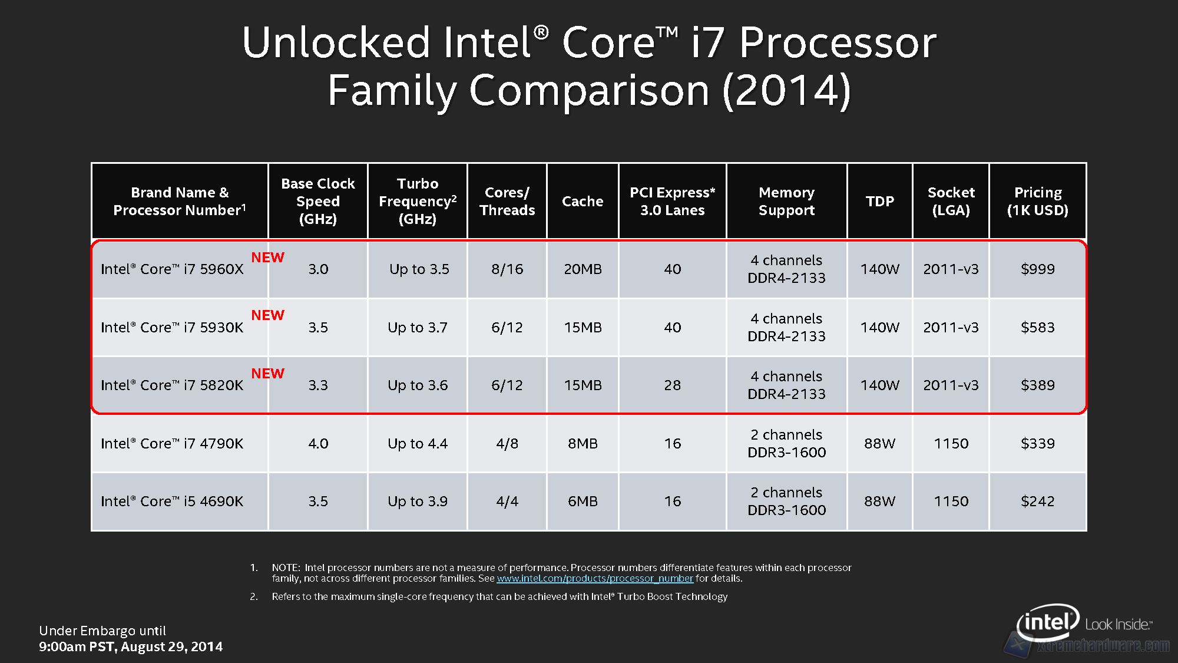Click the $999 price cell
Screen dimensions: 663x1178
[1037, 269]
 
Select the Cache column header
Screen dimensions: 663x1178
[583, 202]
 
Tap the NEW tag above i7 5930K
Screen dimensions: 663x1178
[267, 315]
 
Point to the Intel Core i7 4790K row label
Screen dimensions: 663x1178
[172, 444]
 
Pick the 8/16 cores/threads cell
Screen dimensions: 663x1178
[507, 269]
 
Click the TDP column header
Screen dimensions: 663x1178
[879, 202]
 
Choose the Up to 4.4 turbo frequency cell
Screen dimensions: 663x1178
[418, 444]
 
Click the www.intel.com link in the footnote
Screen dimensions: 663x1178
[595, 579]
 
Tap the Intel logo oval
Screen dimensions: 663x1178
[1048, 622]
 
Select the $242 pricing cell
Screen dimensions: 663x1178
[1037, 502]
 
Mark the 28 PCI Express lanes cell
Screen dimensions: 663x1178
[672, 385]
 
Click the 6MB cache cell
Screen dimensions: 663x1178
[583, 502]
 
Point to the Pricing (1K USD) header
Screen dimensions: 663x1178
[1037, 202]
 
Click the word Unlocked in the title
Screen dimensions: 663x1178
[336, 42]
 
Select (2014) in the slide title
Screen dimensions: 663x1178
[786, 91]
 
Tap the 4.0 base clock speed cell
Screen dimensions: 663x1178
[318, 444]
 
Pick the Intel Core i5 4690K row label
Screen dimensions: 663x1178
[172, 502]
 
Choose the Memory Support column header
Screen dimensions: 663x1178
[786, 202]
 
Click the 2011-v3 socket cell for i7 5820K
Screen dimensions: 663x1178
[951, 385]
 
